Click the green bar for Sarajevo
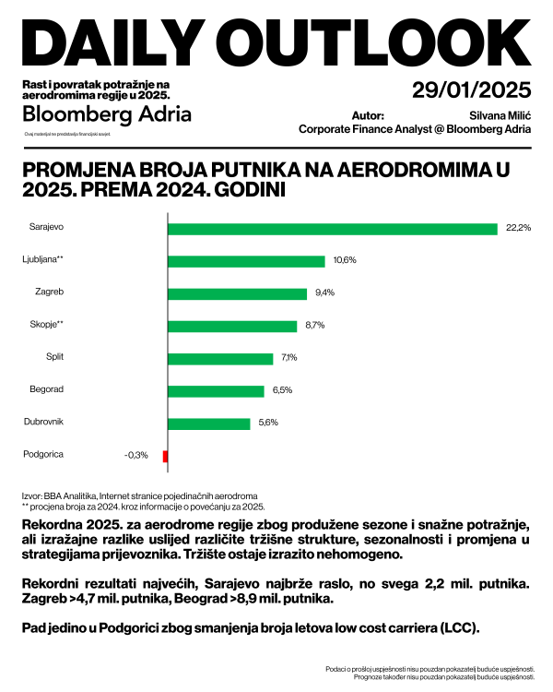tap(333, 229)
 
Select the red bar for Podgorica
tap(165, 456)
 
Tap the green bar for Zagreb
tap(237, 293)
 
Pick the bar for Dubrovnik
tap(209, 424)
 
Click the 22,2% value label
tap(519, 228)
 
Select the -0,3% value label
tap(136, 456)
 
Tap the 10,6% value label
tap(345, 260)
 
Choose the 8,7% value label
tap(314, 326)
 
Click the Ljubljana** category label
tap(42, 259)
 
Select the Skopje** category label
tap(46, 324)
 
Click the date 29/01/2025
tap(472, 90)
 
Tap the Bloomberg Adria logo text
tap(107, 114)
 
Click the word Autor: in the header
tap(368, 116)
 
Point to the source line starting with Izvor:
tap(139, 495)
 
